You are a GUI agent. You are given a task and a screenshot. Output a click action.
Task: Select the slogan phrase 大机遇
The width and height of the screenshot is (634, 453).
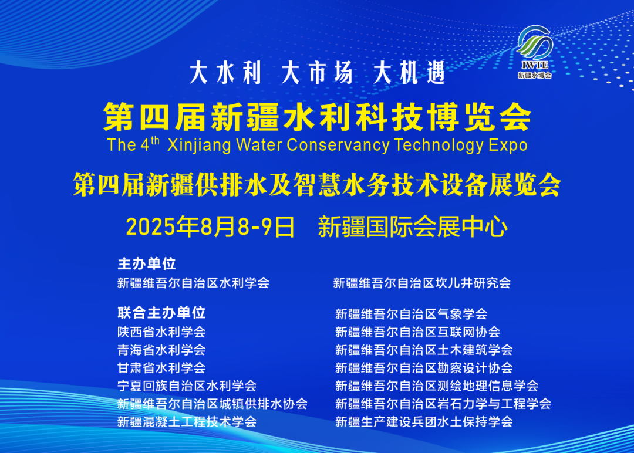click(x=410, y=73)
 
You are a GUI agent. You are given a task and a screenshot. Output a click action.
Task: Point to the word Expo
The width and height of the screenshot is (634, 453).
click(x=507, y=145)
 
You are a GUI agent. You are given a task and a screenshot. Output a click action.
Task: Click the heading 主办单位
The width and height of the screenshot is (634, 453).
click(x=147, y=263)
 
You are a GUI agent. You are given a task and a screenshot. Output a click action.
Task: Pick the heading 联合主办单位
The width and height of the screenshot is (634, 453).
click(x=161, y=313)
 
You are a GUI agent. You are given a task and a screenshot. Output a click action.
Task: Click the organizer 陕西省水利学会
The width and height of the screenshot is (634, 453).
click(x=161, y=332)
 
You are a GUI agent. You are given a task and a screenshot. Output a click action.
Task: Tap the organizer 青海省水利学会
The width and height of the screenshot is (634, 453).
click(x=161, y=350)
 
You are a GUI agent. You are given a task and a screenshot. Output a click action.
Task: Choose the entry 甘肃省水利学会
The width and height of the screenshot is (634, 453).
click(x=161, y=368)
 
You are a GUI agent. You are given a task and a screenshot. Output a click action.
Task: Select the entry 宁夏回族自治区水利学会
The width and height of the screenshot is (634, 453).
click(x=187, y=386)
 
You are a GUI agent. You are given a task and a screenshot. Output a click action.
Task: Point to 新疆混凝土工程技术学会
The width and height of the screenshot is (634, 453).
click(x=187, y=421)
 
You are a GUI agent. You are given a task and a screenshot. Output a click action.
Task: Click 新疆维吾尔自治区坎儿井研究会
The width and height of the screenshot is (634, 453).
click(x=422, y=283)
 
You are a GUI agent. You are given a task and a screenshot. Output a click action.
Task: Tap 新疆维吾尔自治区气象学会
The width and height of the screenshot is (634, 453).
click(x=411, y=315)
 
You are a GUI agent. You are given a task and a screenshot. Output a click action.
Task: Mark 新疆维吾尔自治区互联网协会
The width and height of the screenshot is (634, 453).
click(x=417, y=332)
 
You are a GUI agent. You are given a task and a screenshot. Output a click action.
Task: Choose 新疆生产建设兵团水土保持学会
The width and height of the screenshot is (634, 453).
click(x=424, y=421)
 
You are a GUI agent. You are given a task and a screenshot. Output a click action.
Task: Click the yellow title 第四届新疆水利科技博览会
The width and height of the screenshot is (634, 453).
click(x=317, y=116)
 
